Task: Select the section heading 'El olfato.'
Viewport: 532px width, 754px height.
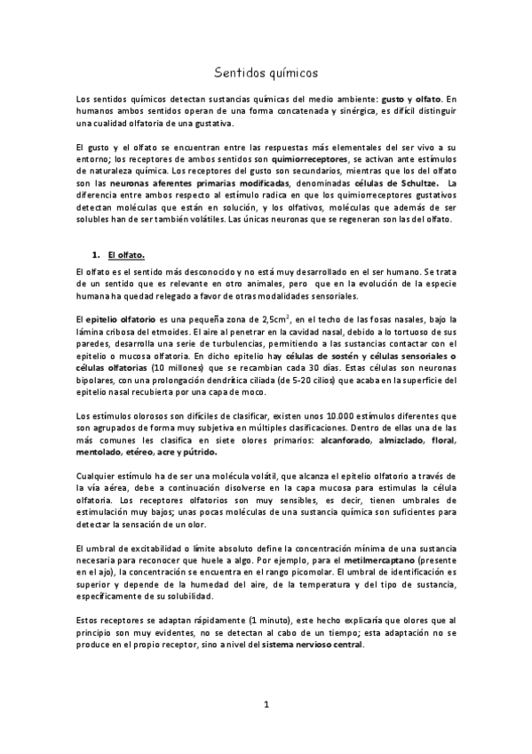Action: [128, 253]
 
